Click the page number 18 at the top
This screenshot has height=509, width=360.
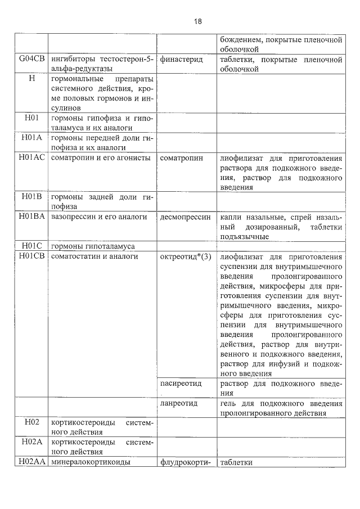pos(198,21)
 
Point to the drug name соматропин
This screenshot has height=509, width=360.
pos(182,157)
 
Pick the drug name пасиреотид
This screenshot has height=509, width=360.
pos(181,383)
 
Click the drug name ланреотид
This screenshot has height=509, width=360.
pos(179,403)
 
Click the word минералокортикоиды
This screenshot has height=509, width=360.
pos(91,462)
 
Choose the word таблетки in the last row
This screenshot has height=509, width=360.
pos(237,462)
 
